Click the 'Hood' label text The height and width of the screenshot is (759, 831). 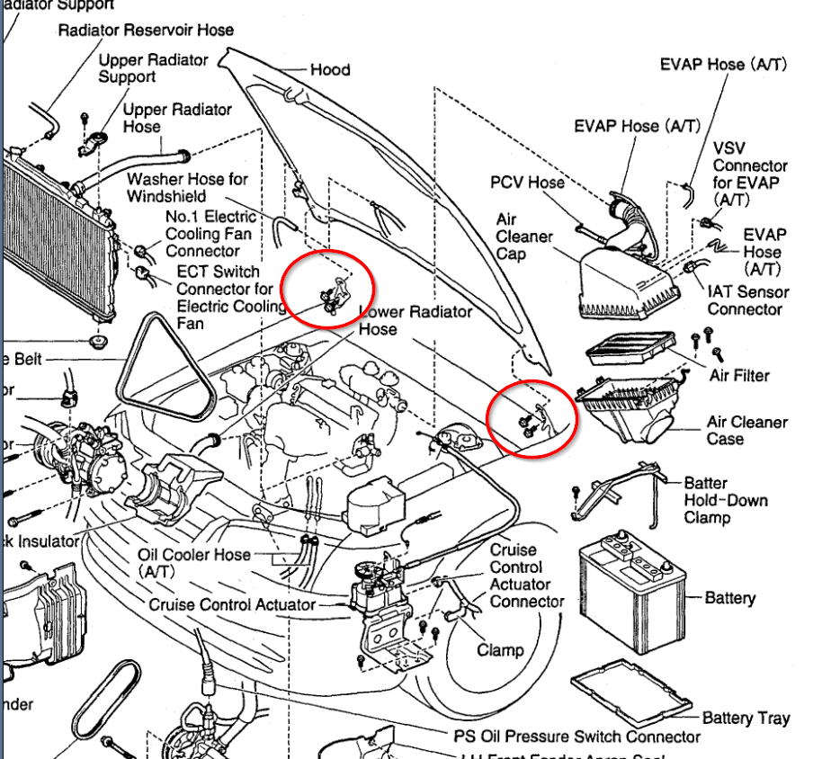coord(329,70)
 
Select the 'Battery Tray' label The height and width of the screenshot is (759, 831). coord(746,718)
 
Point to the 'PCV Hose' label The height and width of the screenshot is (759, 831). coord(527,183)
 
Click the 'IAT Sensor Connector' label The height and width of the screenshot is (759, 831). coord(747,300)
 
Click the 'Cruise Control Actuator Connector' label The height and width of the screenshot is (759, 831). coord(526,576)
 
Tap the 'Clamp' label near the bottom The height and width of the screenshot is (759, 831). coord(500,649)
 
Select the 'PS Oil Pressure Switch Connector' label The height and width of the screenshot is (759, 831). coord(576,737)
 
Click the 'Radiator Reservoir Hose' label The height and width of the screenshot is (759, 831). coord(146,30)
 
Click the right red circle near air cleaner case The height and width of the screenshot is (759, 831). coord(532,418)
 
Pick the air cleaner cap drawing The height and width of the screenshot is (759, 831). coord(621,281)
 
